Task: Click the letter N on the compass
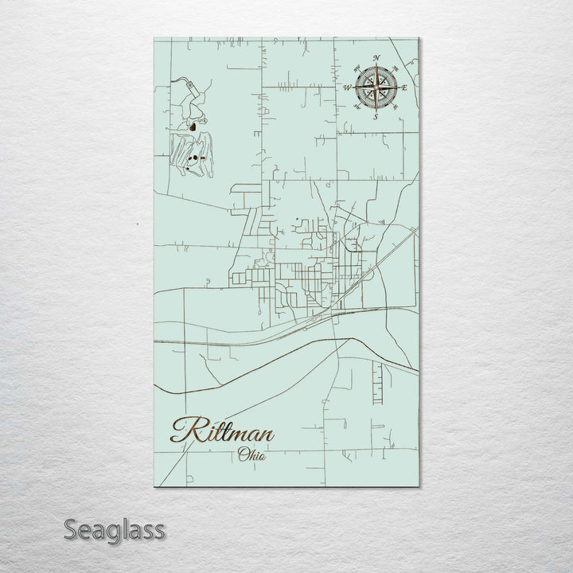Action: tap(376, 57)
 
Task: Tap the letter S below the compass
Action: tap(376, 116)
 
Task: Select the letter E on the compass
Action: tap(405, 86)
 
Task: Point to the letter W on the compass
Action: tap(347, 87)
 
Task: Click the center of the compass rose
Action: tap(376, 87)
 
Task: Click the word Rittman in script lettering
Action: tap(222, 432)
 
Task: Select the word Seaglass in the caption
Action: tap(115, 529)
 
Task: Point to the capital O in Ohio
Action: tap(243, 455)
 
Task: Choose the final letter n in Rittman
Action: tap(266, 435)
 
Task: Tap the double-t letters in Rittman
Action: tap(216, 431)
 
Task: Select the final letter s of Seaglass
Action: tap(159, 531)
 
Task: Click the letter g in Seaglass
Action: tap(112, 532)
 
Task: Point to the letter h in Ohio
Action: tap(252, 455)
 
